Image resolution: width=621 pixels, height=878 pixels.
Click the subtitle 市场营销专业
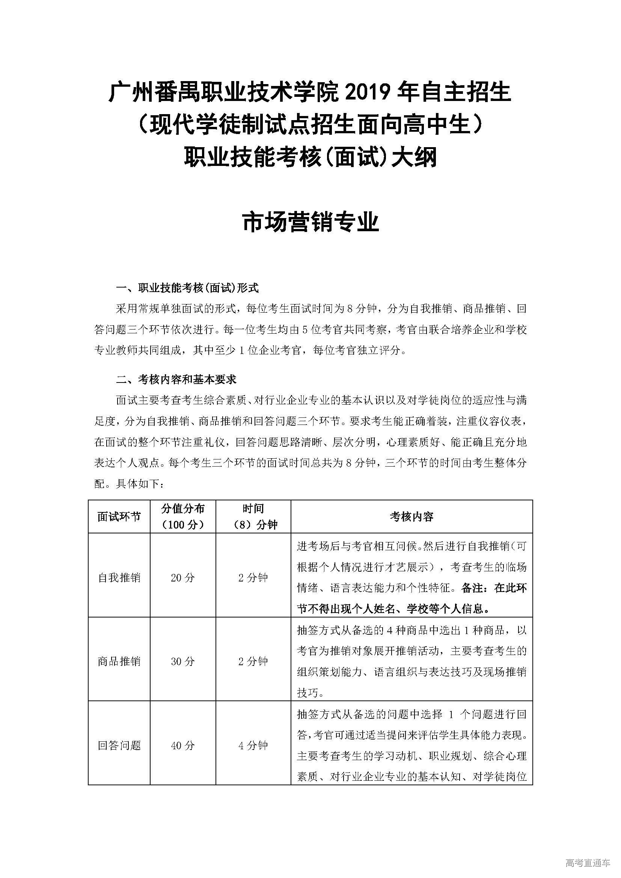(x=310, y=222)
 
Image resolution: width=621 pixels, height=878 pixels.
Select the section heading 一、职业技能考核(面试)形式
(x=187, y=288)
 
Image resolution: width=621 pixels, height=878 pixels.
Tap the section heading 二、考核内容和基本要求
(x=176, y=380)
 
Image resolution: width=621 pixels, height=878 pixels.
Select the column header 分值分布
(x=183, y=509)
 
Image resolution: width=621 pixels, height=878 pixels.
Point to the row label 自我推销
(x=119, y=577)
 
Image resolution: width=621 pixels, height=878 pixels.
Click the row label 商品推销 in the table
(x=119, y=661)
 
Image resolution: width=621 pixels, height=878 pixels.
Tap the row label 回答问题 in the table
(x=119, y=745)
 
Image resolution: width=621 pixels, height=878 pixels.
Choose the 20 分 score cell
(x=183, y=577)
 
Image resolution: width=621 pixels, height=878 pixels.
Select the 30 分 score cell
(x=183, y=661)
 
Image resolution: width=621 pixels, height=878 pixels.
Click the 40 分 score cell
(x=183, y=745)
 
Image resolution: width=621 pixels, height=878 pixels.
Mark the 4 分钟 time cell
(x=253, y=745)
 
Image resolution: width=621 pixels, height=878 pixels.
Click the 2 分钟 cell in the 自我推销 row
(x=253, y=577)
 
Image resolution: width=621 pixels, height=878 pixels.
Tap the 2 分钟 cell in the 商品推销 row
(x=253, y=661)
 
